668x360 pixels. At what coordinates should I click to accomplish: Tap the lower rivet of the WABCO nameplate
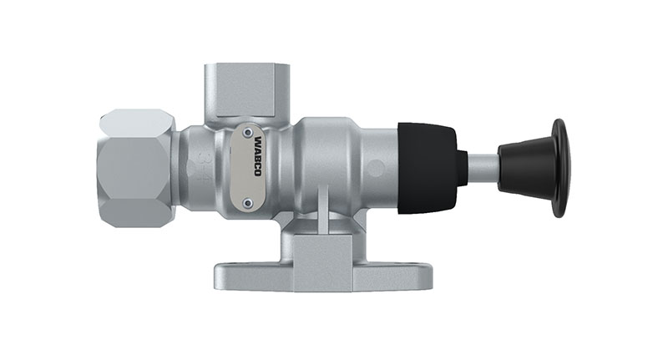[247, 200]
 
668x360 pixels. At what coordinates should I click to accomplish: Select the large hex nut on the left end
[137, 168]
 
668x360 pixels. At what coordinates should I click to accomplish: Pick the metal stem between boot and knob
[483, 168]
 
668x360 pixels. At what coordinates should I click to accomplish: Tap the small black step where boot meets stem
[463, 168]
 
